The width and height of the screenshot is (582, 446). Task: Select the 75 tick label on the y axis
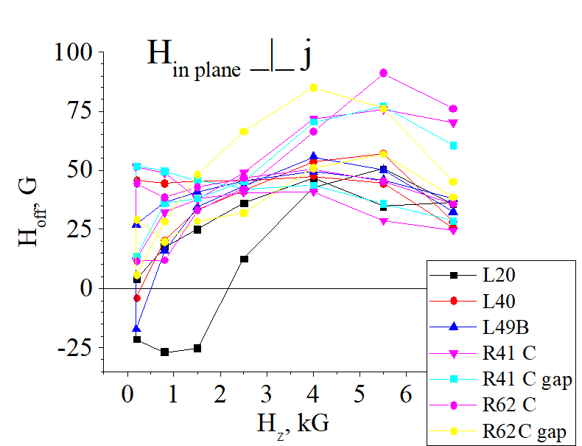[x=77, y=111]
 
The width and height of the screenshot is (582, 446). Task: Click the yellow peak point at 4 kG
[x=313, y=88]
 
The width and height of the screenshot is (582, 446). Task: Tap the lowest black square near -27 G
[x=165, y=352]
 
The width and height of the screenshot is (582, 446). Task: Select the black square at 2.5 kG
[x=244, y=259]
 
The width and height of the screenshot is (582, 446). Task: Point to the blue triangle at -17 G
[x=136, y=329]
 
